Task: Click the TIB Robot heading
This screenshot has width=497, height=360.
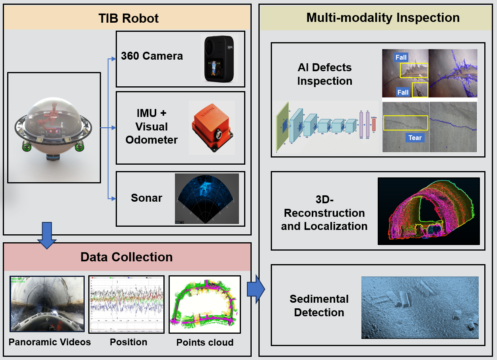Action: click(x=128, y=18)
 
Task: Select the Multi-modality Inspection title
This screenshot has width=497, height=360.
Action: click(x=383, y=18)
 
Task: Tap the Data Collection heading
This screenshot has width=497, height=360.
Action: click(x=126, y=257)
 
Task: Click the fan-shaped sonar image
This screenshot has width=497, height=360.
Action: click(x=207, y=198)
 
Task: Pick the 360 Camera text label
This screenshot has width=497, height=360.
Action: click(x=152, y=56)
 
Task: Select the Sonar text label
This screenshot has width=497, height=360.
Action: click(x=146, y=198)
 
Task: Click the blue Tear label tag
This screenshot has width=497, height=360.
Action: click(x=415, y=138)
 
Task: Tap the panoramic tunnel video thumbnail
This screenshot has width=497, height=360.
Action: click(x=47, y=304)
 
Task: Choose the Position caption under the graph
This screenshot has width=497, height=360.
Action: click(x=128, y=342)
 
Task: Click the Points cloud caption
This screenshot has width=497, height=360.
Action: click(x=205, y=342)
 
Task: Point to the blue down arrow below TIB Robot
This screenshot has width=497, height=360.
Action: click(x=47, y=236)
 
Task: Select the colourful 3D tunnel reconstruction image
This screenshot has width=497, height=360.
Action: click(x=429, y=211)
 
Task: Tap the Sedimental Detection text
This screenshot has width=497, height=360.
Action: click(x=319, y=306)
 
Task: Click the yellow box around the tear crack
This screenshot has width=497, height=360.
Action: click(x=406, y=123)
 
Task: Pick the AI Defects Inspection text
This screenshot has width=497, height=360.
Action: click(x=324, y=74)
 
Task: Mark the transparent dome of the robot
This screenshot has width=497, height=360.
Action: click(x=54, y=115)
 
